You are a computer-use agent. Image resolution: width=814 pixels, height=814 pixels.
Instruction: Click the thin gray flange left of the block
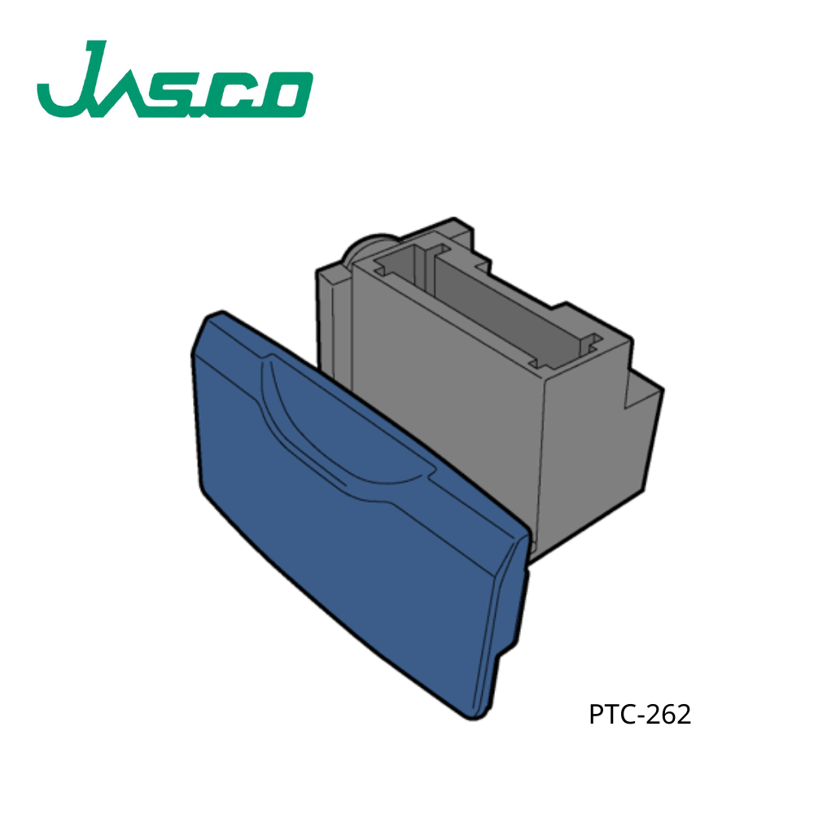(330, 317)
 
